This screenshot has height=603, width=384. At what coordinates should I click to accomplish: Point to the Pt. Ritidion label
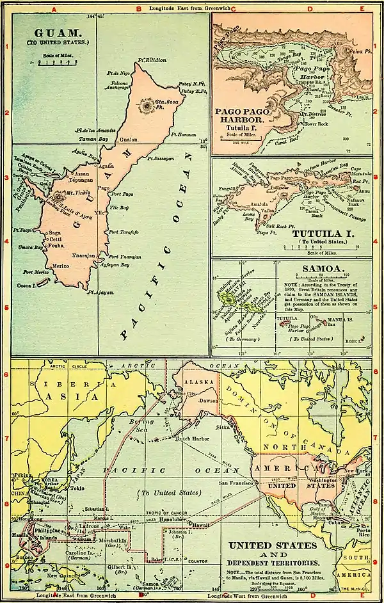point(152,60)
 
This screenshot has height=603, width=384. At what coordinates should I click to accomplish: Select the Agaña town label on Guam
point(106,165)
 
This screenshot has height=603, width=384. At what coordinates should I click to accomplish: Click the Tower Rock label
point(313,124)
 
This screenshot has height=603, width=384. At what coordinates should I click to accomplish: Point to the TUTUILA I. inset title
point(318,233)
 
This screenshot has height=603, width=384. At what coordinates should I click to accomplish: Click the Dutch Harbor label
point(193,440)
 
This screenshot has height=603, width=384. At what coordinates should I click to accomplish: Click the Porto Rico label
point(364,533)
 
